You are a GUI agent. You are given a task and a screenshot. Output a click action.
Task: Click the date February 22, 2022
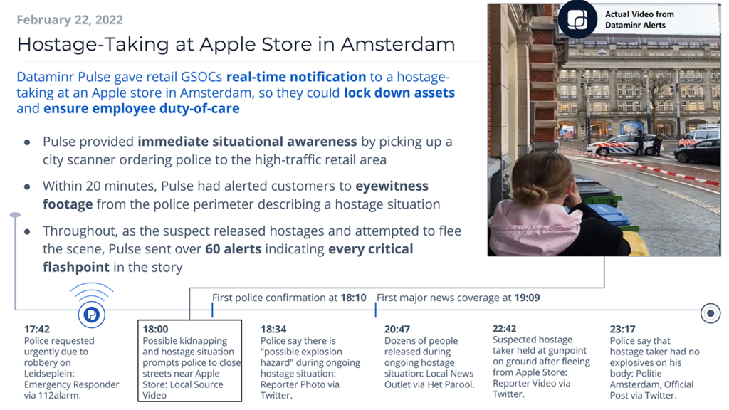pyautogui.click(x=70, y=20)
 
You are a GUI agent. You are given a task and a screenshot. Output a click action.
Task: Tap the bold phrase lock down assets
pyautogui.click(x=399, y=93)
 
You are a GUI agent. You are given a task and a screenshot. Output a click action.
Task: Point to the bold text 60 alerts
pyautogui.click(x=234, y=249)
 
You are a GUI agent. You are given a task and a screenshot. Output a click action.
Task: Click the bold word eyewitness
pyautogui.click(x=392, y=186)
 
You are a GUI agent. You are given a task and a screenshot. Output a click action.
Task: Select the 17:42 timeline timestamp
pyautogui.click(x=37, y=330)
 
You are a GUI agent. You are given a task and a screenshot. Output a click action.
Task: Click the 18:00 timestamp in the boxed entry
pyautogui.click(x=155, y=330)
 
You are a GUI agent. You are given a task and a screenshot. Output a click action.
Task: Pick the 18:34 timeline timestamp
pyautogui.click(x=273, y=330)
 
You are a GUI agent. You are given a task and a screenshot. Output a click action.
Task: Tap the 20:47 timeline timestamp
pyautogui.click(x=397, y=330)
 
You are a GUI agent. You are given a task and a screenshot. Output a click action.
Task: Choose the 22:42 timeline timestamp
pyautogui.click(x=505, y=329)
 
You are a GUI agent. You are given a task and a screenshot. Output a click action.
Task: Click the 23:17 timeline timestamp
pyautogui.click(x=622, y=330)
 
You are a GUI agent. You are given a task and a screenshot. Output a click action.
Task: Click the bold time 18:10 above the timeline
pyautogui.click(x=353, y=298)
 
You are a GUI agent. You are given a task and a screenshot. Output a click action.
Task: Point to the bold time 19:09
pyautogui.click(x=527, y=298)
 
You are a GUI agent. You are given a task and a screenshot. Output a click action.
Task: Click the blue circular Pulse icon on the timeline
pyautogui.click(x=92, y=315)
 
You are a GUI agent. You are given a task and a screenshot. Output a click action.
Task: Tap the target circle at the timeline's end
pyautogui.click(x=710, y=313)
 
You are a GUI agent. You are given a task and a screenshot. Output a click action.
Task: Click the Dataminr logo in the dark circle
pyautogui.click(x=577, y=19)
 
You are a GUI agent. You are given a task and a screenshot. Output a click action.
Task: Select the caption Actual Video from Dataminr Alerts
pyautogui.click(x=639, y=19)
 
